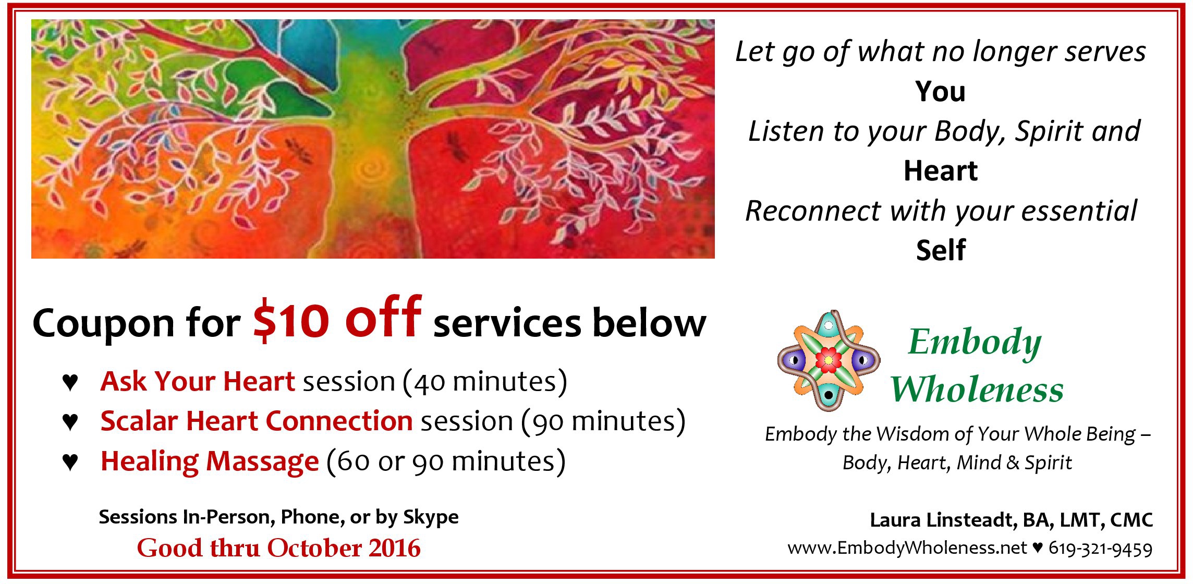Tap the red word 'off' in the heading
click(383, 317)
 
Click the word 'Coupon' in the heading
click(103, 323)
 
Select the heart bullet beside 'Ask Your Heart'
click(70, 382)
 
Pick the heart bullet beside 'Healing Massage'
click(70, 461)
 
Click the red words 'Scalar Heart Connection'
click(257, 421)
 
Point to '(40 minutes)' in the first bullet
click(485, 382)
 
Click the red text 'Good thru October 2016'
click(278, 548)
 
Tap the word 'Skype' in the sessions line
click(431, 517)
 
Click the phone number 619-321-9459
click(1100, 549)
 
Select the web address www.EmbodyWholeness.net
click(907, 548)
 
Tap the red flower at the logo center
click(828, 360)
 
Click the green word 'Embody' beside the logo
click(974, 343)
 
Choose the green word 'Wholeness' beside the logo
click(977, 390)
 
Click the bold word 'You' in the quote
click(940, 92)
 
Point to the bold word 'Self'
click(941, 250)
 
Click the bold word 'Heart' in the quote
click(940, 171)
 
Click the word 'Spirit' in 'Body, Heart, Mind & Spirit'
click(1048, 463)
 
